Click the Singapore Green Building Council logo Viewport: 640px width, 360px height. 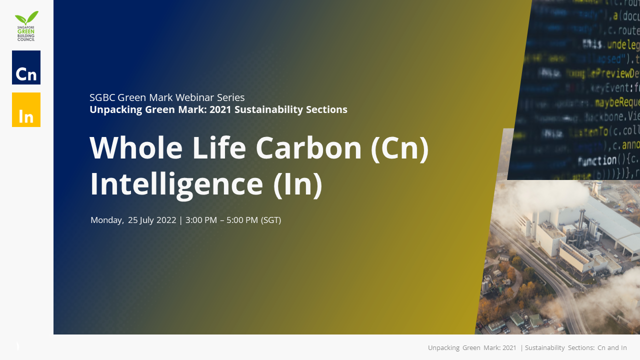tap(26, 26)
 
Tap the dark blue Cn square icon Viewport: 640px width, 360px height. tap(26, 67)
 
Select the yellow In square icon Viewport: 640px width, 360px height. tap(26, 110)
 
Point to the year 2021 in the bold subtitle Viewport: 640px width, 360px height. tap(220, 109)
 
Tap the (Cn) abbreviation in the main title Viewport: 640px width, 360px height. tap(399, 148)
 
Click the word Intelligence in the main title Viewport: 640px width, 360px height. tap(176, 184)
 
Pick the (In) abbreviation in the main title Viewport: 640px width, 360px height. tap(297, 184)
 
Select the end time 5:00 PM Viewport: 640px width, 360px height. tap(242, 220)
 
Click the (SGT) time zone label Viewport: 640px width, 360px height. tap(271, 220)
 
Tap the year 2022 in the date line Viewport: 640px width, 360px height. tap(166, 220)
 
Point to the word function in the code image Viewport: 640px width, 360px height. tap(597, 161)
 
